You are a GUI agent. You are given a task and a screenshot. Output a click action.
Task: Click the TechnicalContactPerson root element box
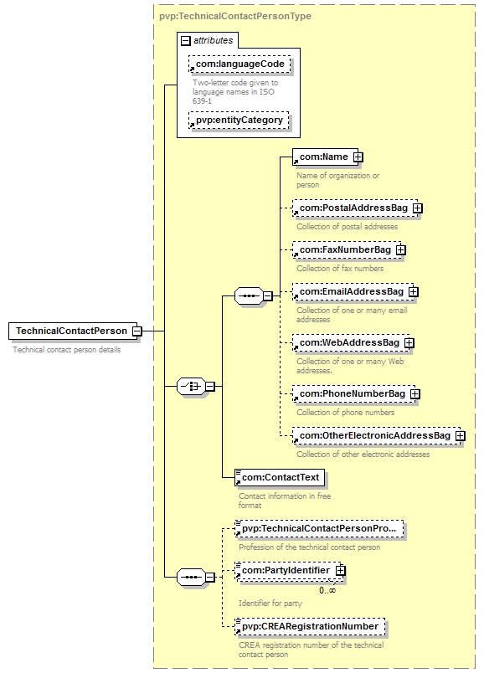pos(73,331)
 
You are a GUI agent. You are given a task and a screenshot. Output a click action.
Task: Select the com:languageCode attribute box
pos(239,64)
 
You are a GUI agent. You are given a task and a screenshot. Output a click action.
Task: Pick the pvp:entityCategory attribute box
pos(239,121)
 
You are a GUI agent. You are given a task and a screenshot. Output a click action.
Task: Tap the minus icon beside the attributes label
pos(186,41)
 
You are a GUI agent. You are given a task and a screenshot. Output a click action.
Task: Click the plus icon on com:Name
pos(358,157)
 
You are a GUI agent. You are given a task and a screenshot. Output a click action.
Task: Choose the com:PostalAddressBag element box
pos(355,208)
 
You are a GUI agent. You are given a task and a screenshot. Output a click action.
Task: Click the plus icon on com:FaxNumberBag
pos(401,249)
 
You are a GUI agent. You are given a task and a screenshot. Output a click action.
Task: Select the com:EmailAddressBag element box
pos(353,292)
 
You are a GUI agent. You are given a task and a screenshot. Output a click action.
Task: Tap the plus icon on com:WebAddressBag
pos(409,343)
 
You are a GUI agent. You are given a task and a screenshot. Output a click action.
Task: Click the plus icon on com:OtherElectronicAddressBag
pos(460,435)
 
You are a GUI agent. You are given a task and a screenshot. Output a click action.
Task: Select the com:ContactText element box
pos(280,478)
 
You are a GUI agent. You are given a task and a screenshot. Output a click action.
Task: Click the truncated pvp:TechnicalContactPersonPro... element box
pos(320,529)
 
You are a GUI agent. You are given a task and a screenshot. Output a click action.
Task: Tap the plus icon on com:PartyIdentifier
pos(340,570)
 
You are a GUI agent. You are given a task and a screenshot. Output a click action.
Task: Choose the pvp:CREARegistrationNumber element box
pos(310,627)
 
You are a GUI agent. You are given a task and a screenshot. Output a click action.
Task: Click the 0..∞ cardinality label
pos(327,591)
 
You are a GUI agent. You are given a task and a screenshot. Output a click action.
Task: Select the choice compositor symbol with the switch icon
pos(191,386)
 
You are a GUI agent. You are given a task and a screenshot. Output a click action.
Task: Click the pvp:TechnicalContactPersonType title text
pos(235,16)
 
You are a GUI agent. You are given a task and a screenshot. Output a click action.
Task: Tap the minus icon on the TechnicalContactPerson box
pos(137,331)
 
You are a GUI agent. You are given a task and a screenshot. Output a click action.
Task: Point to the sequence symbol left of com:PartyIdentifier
pos(191,577)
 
